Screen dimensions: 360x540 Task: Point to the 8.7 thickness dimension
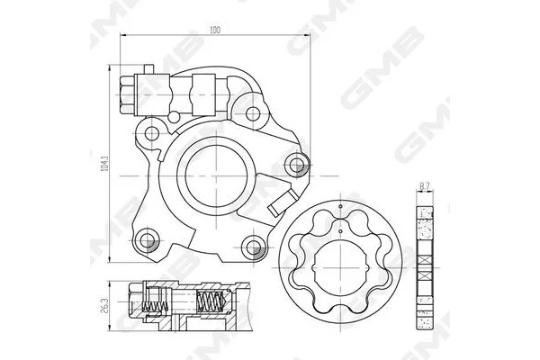tap(424, 186)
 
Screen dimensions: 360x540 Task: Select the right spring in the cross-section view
tap(211, 306)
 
